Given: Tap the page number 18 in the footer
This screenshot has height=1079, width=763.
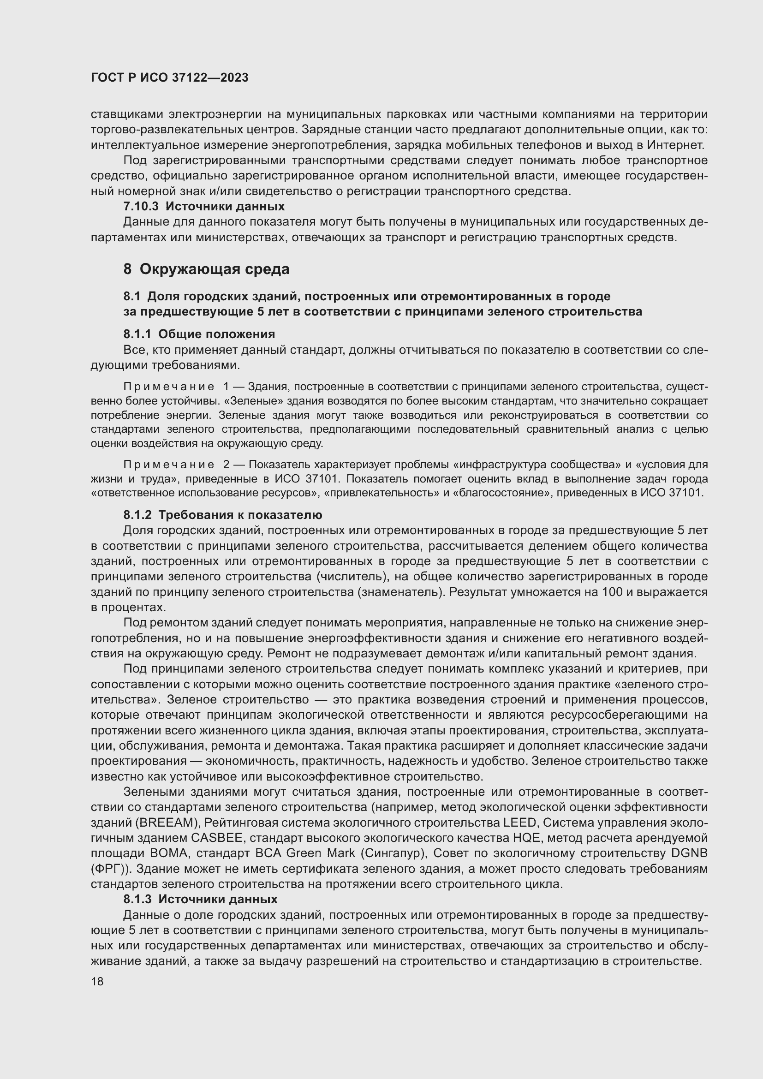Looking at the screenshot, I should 97,981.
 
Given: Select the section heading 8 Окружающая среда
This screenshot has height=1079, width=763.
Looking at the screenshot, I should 206,269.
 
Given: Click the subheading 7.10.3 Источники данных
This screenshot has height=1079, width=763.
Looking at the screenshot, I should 203,206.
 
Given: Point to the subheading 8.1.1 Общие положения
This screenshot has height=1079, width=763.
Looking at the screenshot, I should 199,334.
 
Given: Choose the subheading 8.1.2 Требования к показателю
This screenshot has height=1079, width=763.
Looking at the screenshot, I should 223,515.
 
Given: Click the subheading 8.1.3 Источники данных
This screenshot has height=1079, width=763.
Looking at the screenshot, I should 200,899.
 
